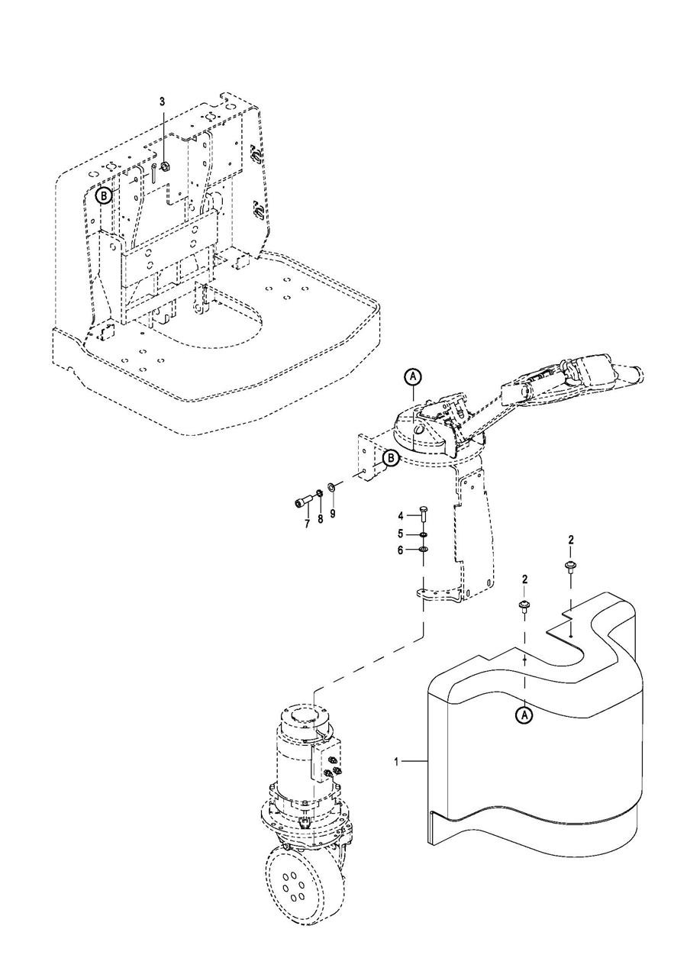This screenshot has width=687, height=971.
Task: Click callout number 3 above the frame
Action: [x=162, y=102]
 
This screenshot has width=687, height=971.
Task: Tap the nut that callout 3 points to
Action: [x=165, y=166]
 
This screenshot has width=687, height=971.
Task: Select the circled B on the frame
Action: [x=104, y=196]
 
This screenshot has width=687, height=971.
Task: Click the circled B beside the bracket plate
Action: [x=391, y=458]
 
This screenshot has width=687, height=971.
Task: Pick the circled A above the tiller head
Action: [x=413, y=377]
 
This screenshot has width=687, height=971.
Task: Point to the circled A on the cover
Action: [x=524, y=715]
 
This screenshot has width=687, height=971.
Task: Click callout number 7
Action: [x=308, y=524]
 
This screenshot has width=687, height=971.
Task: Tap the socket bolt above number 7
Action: [x=321, y=519]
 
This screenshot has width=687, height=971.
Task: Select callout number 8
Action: [x=333, y=514]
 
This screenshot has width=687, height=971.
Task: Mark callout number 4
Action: [x=401, y=516]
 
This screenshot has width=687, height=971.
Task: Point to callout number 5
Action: [x=401, y=533]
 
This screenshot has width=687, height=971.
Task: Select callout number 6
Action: [x=401, y=550]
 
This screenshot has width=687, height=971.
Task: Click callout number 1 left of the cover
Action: [x=396, y=761]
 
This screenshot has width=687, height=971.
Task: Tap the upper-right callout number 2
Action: [x=571, y=540]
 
